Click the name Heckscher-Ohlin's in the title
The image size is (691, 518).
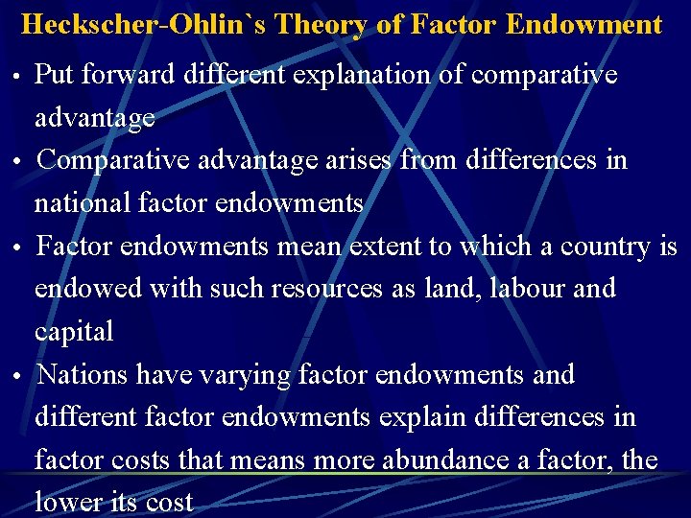(144, 24)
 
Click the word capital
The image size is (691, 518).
(74, 332)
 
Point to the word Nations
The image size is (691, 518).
(83, 374)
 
